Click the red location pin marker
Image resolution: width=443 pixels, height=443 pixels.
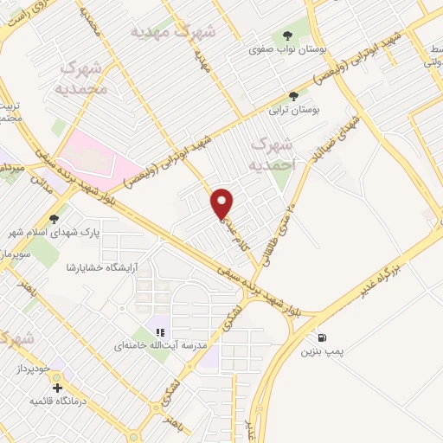click(x=222, y=203)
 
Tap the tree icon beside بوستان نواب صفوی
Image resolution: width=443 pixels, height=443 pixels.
click(x=287, y=35)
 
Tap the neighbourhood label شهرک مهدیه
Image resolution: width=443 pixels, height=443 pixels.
click(x=173, y=31)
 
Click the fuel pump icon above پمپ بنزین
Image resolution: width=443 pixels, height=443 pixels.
click(x=323, y=337)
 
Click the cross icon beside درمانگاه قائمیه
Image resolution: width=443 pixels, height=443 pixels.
click(x=57, y=387)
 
